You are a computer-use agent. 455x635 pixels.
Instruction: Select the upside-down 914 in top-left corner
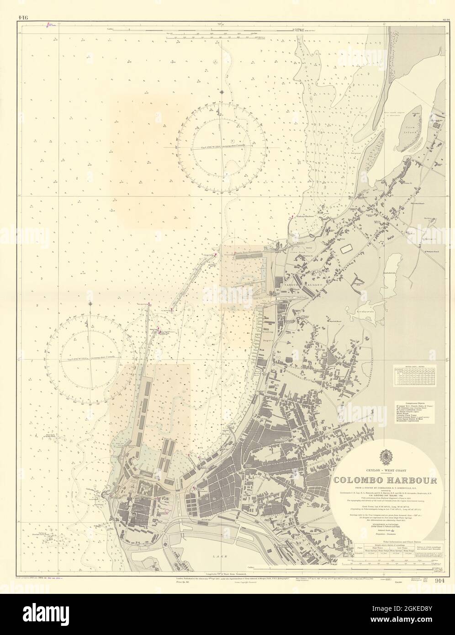pos(24,5)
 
